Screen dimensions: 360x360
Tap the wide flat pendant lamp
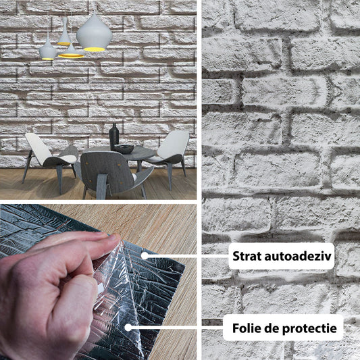71,53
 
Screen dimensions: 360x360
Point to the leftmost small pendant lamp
48,50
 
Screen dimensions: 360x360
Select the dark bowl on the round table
124,148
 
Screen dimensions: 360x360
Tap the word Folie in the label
247,328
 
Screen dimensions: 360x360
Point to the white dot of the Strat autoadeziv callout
145,255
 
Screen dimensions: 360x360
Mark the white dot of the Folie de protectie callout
127,328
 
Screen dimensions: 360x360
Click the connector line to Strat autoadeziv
189,256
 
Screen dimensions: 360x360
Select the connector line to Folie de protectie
176,328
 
